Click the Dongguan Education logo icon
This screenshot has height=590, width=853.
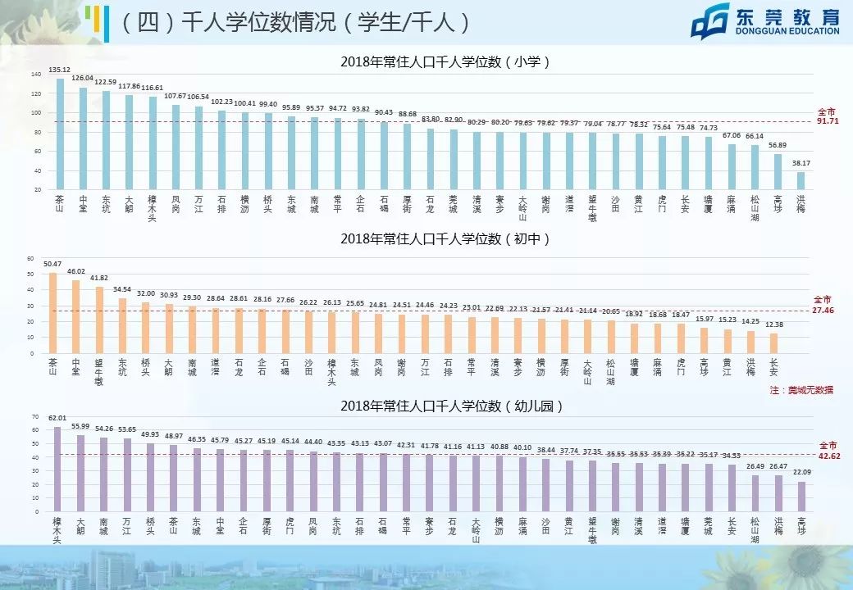[x=710, y=22]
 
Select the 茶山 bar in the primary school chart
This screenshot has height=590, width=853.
[x=60, y=135]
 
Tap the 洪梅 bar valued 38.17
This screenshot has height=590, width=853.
[x=801, y=180]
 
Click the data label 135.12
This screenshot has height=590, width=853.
[x=59, y=70]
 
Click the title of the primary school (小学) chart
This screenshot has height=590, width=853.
[x=444, y=62]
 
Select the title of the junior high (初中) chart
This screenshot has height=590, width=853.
[x=444, y=238]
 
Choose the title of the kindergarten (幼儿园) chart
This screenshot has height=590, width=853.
[x=444, y=406]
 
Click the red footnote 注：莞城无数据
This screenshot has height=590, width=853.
[x=801, y=390]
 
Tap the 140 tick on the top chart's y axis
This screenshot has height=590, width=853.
[x=35, y=75]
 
